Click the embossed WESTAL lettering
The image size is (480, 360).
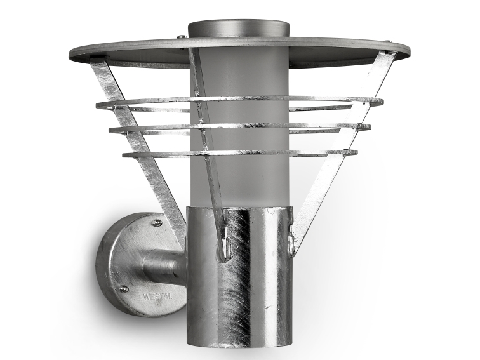pos(157,297)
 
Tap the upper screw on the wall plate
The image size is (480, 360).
pos(157,223)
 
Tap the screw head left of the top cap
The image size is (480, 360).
pos(182,37)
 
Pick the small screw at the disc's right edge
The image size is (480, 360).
pos(389,41)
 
